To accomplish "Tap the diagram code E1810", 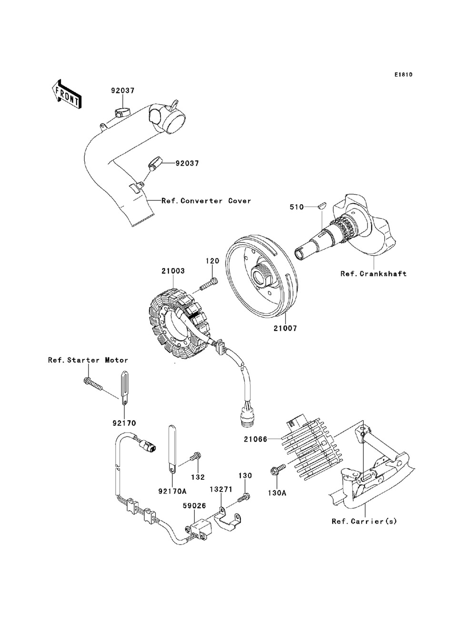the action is [x=403, y=75].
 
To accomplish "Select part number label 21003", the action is [x=173, y=271].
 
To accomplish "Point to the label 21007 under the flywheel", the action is [x=285, y=328].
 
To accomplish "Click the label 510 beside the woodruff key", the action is [x=297, y=207].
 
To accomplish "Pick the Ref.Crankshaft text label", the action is [x=374, y=274].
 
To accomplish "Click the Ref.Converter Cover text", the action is [x=207, y=201].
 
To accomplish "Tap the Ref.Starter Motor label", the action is [x=88, y=360].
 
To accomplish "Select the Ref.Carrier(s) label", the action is [x=365, y=522].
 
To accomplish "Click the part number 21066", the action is [x=256, y=439].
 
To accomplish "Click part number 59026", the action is [x=194, y=506].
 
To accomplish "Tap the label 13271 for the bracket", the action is [x=221, y=489].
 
